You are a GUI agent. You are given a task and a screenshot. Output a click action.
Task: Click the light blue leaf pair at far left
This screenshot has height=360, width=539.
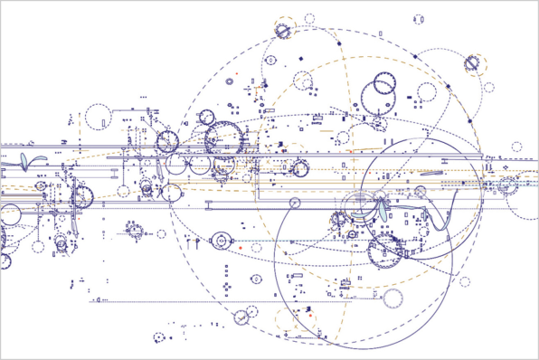coord(30,162)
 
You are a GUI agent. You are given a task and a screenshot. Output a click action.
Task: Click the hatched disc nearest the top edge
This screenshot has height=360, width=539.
coord(283,30)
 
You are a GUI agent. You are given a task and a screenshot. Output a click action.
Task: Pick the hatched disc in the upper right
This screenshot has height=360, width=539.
coord(472,63)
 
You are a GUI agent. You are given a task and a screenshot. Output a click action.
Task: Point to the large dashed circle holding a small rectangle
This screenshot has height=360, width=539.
coord(98,117)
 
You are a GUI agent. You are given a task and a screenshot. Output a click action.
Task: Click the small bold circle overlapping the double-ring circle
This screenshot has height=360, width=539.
coord(384,87)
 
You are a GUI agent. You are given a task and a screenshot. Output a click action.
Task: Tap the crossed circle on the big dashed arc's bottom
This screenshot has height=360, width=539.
coord(241,317)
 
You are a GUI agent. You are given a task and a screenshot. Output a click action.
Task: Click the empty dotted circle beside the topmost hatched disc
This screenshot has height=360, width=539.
coord(309,18)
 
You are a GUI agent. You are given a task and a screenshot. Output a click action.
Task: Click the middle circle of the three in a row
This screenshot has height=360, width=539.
coord(200,165)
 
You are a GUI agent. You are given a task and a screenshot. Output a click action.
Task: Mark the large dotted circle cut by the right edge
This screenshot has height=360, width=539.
coord(524,199)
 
